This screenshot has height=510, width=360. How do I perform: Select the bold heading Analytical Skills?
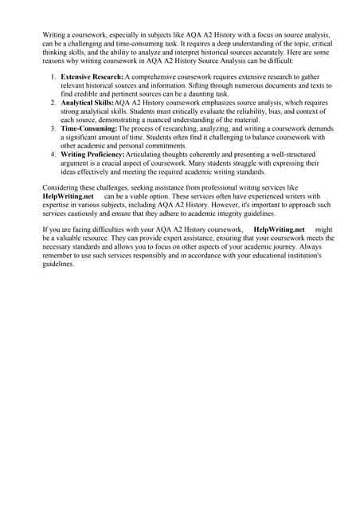coord(87,103)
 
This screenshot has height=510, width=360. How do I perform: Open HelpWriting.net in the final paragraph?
coord(279,229)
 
